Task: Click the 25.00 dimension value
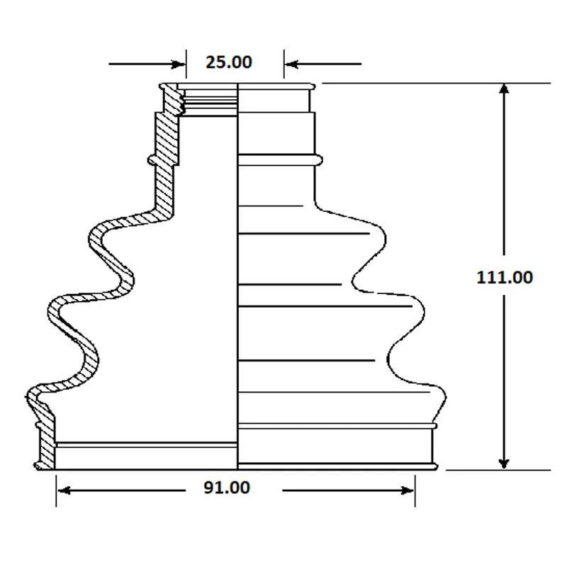(x=228, y=62)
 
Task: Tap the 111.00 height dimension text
(x=505, y=277)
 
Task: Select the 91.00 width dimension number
(x=227, y=488)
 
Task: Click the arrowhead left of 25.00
(x=179, y=64)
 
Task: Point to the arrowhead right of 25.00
(x=291, y=64)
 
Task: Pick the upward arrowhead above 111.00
(x=504, y=89)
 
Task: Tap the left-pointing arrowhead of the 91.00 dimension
(x=64, y=490)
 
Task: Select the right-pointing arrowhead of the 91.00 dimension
(x=407, y=490)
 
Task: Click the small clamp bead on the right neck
(x=318, y=160)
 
